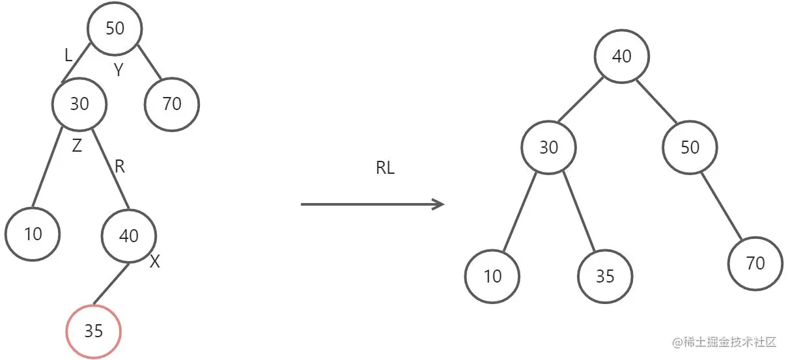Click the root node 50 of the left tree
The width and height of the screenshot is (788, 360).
pyautogui.click(x=115, y=28)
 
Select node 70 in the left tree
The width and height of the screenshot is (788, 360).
pyautogui.click(x=172, y=104)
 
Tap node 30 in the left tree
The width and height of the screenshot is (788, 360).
pyautogui.click(x=79, y=104)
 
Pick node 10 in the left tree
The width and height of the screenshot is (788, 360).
pyautogui.click(x=33, y=234)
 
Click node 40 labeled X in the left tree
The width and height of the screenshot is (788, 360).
pyautogui.click(x=129, y=235)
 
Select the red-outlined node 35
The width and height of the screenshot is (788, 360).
pyautogui.click(x=94, y=331)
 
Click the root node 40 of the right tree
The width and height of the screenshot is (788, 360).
pyautogui.click(x=622, y=56)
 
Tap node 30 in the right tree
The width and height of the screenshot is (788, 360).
pyautogui.click(x=548, y=147)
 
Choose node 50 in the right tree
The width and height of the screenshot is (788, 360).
pyautogui.click(x=690, y=147)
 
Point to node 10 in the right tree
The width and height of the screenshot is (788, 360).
pyautogui.click(x=493, y=276)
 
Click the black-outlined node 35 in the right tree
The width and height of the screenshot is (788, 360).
pyautogui.click(x=605, y=276)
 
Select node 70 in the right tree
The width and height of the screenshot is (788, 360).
pyautogui.click(x=755, y=263)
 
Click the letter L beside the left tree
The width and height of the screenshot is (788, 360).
pyautogui.click(x=68, y=56)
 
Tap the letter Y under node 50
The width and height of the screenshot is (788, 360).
pyautogui.click(x=118, y=71)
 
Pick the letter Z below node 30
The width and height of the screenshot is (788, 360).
pyautogui.click(x=77, y=146)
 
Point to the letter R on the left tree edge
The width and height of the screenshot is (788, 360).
pyautogui.click(x=120, y=167)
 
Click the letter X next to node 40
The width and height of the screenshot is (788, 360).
pyautogui.click(x=155, y=262)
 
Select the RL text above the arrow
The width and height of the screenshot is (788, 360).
pyautogui.click(x=386, y=168)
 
